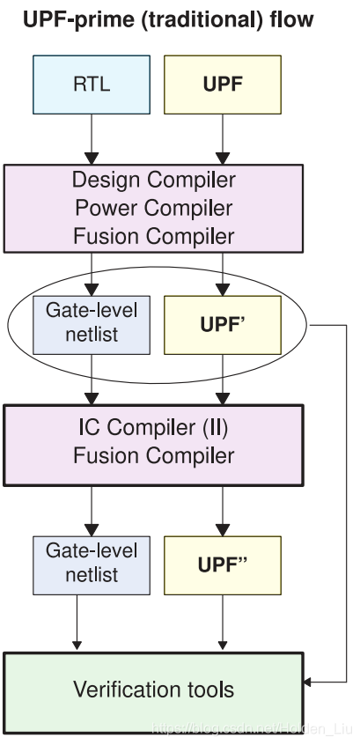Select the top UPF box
223,86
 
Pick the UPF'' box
223,565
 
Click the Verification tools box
153,688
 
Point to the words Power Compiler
153,209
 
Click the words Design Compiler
153,181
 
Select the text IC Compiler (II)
153,429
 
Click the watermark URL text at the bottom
250,730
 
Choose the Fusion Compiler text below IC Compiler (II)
153,456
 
